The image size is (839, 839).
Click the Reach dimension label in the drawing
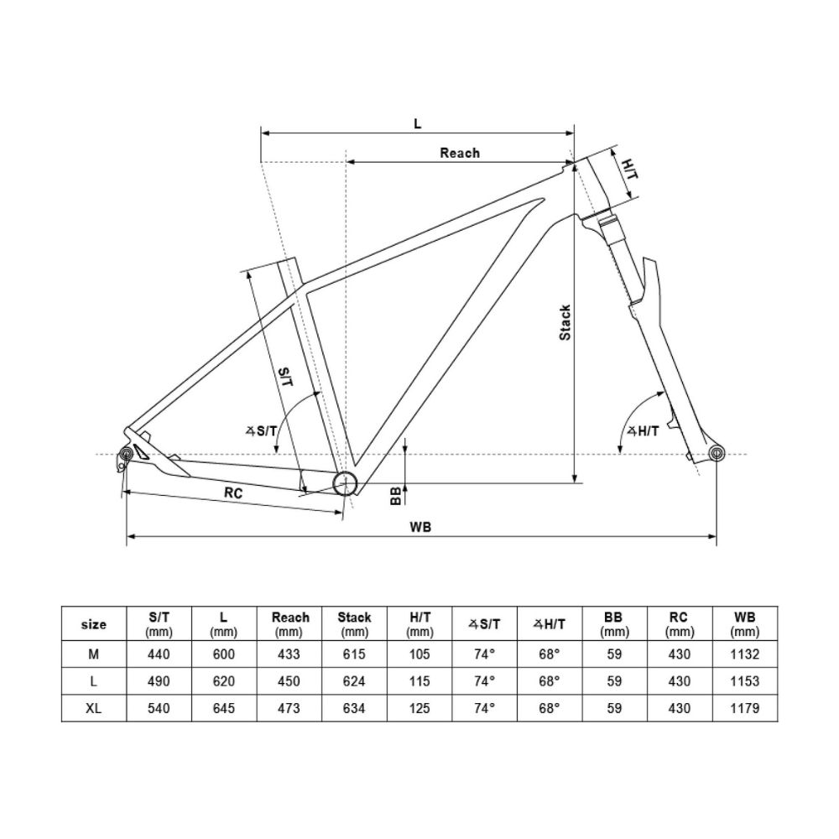[x=460, y=153]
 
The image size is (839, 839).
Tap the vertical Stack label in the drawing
[x=565, y=322]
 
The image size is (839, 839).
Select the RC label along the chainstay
[x=233, y=494]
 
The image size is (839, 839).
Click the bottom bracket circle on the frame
[x=345, y=483]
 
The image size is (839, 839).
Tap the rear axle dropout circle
[x=125, y=454]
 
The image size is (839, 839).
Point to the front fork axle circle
[x=717, y=454]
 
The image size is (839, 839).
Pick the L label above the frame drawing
[x=418, y=123]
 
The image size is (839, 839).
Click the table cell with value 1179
[x=744, y=709]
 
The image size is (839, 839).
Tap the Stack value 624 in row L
[x=354, y=681]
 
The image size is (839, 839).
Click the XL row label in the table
[x=94, y=709]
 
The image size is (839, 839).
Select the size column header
[x=94, y=624]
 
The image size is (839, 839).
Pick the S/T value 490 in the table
[x=159, y=681]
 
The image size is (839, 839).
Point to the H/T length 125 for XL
[x=419, y=709]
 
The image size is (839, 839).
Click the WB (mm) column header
[x=744, y=624]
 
